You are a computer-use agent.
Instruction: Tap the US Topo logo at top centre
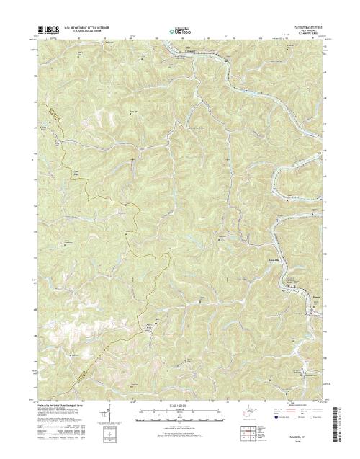click(180, 32)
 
